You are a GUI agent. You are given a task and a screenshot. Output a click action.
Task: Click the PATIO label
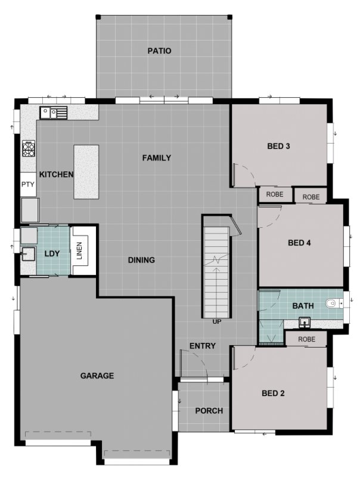pyautogui.click(x=159, y=51)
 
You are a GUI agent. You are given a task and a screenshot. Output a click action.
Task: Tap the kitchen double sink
pyautogui.click(x=54, y=113)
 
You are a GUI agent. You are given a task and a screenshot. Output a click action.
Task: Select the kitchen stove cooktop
pyautogui.click(x=29, y=148)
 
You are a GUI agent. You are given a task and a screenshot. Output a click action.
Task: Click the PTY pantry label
pyautogui.click(x=28, y=184)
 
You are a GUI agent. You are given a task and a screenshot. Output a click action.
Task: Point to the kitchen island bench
pyautogui.click(x=86, y=172)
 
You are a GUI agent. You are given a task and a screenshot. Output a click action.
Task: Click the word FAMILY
pyautogui.click(x=157, y=158)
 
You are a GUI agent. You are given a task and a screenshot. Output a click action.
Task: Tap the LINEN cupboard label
pyautogui.click(x=79, y=250)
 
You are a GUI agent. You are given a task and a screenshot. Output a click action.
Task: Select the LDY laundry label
pyautogui.click(x=52, y=254)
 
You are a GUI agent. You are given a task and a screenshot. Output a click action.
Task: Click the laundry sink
pyautogui.click(x=28, y=254)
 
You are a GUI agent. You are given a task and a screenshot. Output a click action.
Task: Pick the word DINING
pyautogui.click(x=141, y=260)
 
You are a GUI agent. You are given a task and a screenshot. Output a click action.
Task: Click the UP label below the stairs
pyautogui.click(x=217, y=321)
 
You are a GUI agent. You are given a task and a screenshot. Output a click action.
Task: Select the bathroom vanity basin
pyautogui.click(x=305, y=322)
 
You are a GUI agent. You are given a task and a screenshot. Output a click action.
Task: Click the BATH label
pyautogui.click(x=303, y=306)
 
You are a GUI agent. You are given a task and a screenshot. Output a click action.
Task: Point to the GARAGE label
pyautogui.click(x=97, y=376)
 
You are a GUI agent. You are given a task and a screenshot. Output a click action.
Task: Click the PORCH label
pyautogui.click(x=209, y=411)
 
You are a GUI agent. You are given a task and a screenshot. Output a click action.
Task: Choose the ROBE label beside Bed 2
pyautogui.click(x=306, y=339)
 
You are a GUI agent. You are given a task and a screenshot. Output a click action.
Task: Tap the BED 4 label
pyautogui.click(x=299, y=243)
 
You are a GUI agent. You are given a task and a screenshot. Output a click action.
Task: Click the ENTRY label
pyautogui.click(x=203, y=346)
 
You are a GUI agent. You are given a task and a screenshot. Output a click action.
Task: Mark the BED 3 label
pyautogui.click(x=278, y=146)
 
